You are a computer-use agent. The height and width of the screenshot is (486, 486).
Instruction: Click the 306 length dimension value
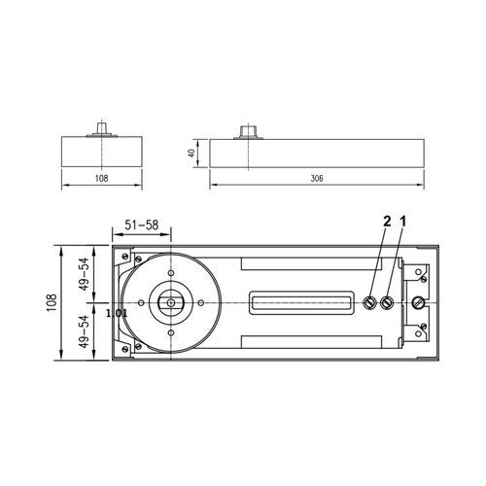click(x=316, y=180)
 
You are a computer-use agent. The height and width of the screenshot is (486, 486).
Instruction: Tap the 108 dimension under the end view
click(x=102, y=180)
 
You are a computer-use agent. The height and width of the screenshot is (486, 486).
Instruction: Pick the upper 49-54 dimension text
click(x=85, y=274)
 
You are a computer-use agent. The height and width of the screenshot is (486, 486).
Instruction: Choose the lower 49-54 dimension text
click(x=85, y=331)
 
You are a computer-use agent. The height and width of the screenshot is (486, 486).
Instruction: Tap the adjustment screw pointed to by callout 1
click(x=387, y=303)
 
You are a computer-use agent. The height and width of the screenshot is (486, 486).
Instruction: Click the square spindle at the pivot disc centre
click(x=171, y=303)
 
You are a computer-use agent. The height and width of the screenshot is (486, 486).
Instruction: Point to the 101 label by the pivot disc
click(x=116, y=313)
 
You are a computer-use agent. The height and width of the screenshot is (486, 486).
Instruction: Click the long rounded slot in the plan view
click(x=299, y=303)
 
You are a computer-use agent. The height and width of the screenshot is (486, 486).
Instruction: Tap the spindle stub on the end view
click(x=102, y=129)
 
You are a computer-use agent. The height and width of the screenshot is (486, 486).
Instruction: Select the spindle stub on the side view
click(x=245, y=129)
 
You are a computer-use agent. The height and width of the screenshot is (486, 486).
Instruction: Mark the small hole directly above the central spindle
click(x=171, y=274)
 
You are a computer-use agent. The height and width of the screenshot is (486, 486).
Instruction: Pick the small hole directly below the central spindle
click(x=171, y=332)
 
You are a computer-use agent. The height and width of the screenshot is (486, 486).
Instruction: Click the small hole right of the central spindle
click(x=200, y=303)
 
